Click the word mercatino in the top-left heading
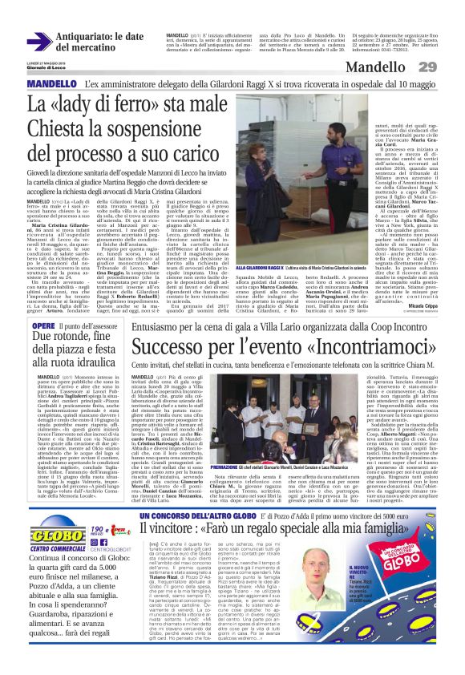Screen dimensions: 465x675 [81, 48]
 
